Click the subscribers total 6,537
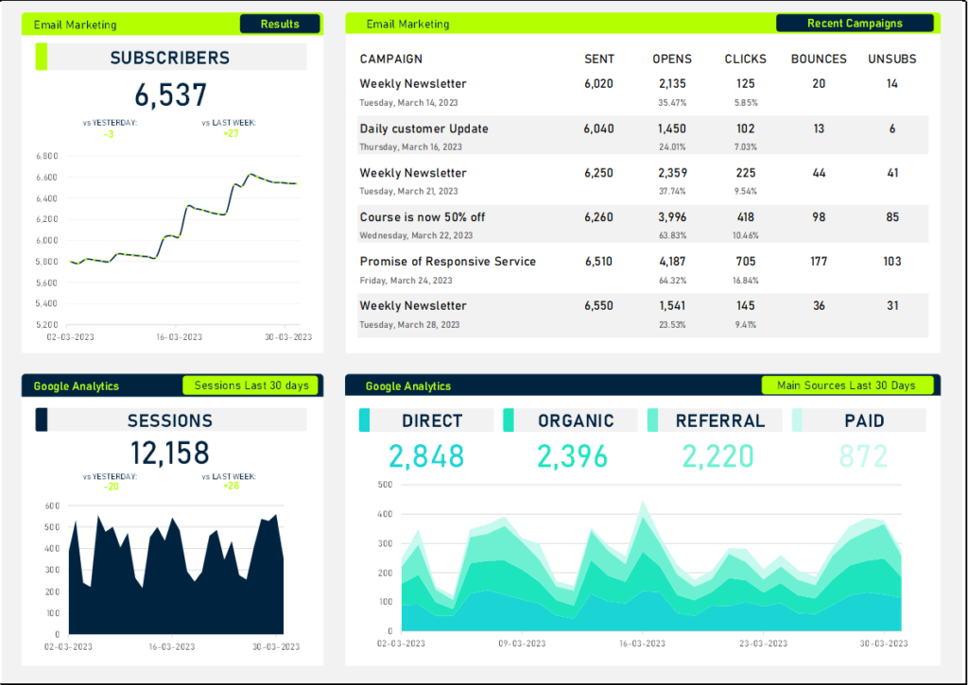[170, 95]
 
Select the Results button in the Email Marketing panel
[280, 24]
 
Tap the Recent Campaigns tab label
[855, 24]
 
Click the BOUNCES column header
[819, 59]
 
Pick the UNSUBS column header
[892, 59]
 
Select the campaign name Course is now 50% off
[423, 217]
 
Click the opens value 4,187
[672, 262]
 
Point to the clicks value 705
[746, 262]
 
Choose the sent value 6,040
[598, 128]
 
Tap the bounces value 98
[819, 217]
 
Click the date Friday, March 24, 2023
[406, 281]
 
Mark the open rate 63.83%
[672, 235]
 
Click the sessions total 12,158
[170, 453]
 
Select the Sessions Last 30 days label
[251, 385]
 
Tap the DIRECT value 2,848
[426, 456]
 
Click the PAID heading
[864, 421]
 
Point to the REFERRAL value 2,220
[717, 456]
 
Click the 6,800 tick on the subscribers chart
[46, 156]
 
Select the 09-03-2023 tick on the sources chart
[521, 643]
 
